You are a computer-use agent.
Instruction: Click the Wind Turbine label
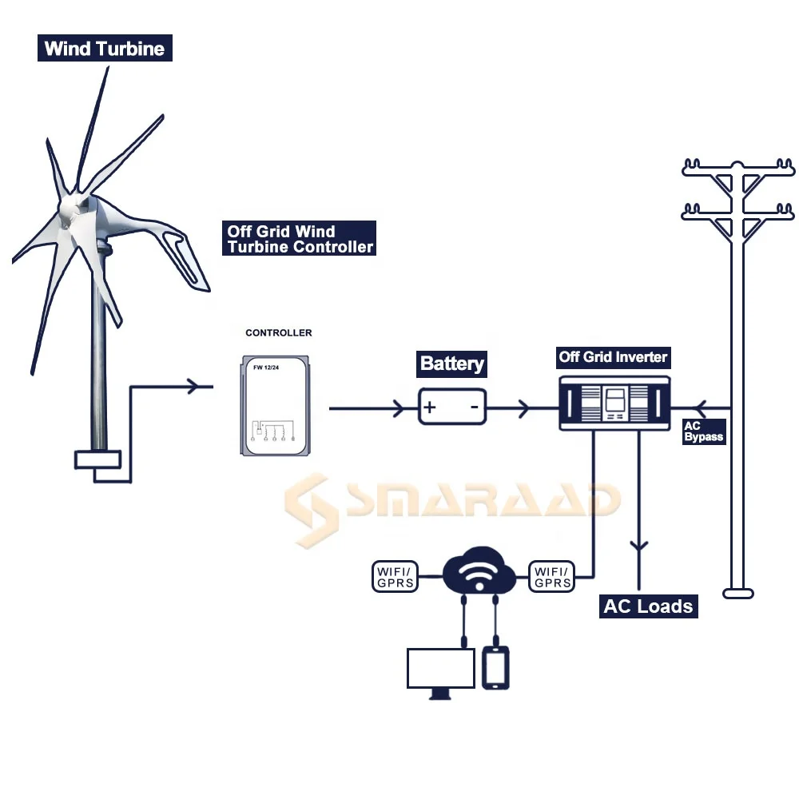[x=105, y=49]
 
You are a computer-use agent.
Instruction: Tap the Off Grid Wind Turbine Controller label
[x=299, y=239]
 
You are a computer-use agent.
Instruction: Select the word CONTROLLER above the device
[x=279, y=332]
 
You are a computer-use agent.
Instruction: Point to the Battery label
[x=452, y=364]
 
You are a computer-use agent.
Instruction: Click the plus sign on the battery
[x=430, y=408]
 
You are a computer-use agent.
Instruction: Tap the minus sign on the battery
[x=474, y=408]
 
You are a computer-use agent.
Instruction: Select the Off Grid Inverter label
[x=613, y=356]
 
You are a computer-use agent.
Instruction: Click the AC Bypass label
[x=703, y=431]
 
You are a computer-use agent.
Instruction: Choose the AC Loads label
[x=648, y=606]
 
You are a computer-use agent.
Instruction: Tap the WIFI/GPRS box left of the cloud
[x=396, y=577]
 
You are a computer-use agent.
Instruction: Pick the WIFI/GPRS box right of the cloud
[x=551, y=577]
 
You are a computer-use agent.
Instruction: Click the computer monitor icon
[x=441, y=671]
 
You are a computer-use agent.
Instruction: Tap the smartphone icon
[x=496, y=667]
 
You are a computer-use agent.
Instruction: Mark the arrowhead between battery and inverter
[x=523, y=409]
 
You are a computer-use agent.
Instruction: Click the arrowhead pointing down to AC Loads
[x=638, y=548]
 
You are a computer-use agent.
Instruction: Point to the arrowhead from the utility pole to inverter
[x=702, y=406]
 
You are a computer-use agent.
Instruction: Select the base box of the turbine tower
[x=97, y=459]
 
